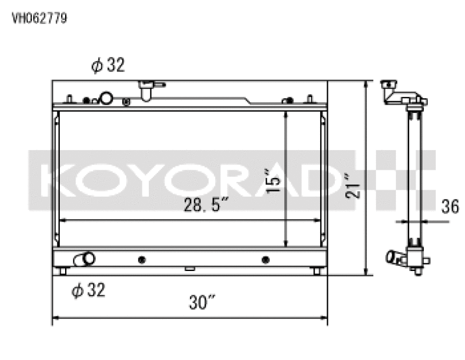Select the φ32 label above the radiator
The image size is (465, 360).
pos(108,66)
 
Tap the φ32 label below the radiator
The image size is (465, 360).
pos(88,290)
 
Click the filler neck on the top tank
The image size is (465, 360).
pos(145,89)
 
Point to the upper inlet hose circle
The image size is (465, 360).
pos(106,98)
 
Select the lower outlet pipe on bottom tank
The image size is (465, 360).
pos(84,259)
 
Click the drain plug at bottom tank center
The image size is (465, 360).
pos(189,269)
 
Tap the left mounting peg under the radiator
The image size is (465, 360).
pos(63,271)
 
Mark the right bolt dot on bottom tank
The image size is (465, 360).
pos(266,259)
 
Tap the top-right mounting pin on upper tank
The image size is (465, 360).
pos(310,98)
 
